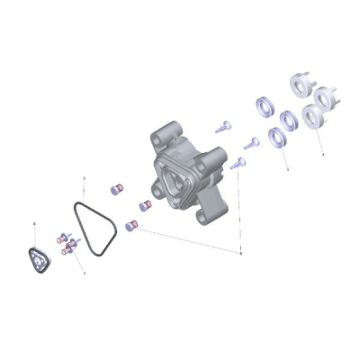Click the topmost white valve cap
300,84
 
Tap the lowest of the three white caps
315,115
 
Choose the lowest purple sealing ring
277,137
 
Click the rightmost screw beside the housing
252,142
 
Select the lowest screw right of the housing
238,163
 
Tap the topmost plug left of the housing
114,189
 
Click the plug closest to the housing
144,206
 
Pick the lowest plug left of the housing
130,225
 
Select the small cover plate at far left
39,263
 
